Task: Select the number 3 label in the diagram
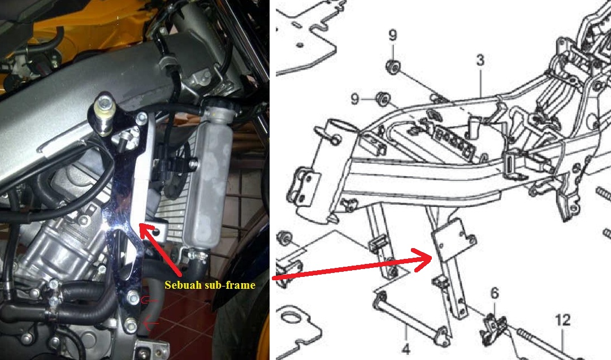tap(480, 60)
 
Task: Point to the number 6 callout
tap(495, 293)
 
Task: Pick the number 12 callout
tap(563, 320)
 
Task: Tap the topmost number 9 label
tap(393, 35)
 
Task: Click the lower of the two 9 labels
tap(354, 98)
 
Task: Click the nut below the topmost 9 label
tap(392, 67)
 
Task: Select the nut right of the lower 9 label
tap(383, 98)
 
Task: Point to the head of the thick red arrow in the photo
tap(140, 225)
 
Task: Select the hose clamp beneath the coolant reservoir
tap(198, 255)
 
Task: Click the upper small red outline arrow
tap(150, 301)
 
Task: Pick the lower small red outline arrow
tap(151, 323)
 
